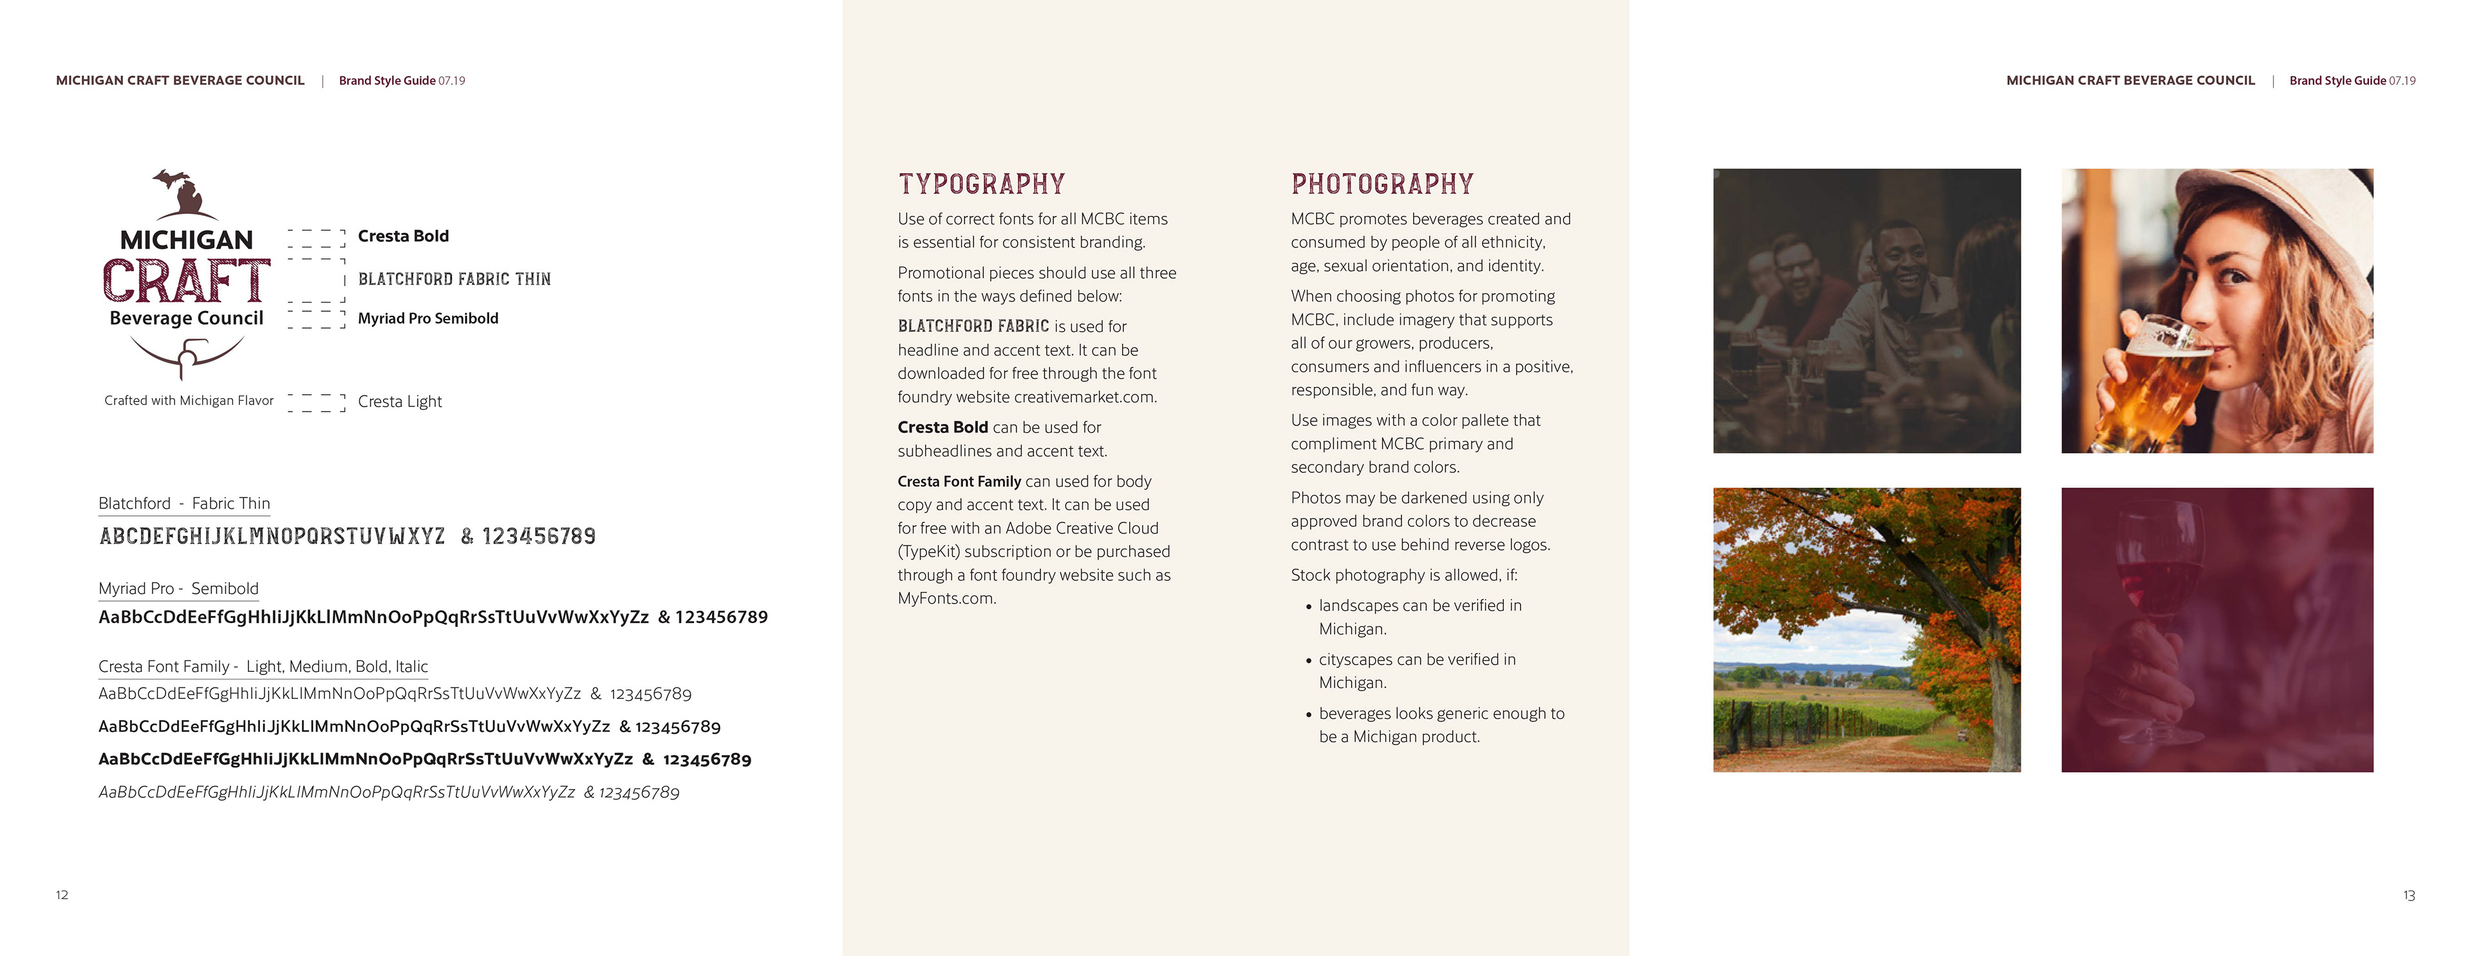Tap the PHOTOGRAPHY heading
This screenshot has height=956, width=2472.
click(x=1382, y=184)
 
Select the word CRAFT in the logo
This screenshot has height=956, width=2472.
click(x=186, y=282)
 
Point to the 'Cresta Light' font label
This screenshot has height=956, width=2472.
click(x=399, y=401)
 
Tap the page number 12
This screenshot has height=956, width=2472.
click(x=61, y=895)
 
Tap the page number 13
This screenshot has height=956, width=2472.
click(x=2409, y=895)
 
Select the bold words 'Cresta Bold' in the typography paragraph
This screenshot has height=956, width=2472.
click(x=942, y=427)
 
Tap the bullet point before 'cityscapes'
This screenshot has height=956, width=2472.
click(x=1308, y=660)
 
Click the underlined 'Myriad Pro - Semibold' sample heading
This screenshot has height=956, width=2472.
click(x=178, y=588)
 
